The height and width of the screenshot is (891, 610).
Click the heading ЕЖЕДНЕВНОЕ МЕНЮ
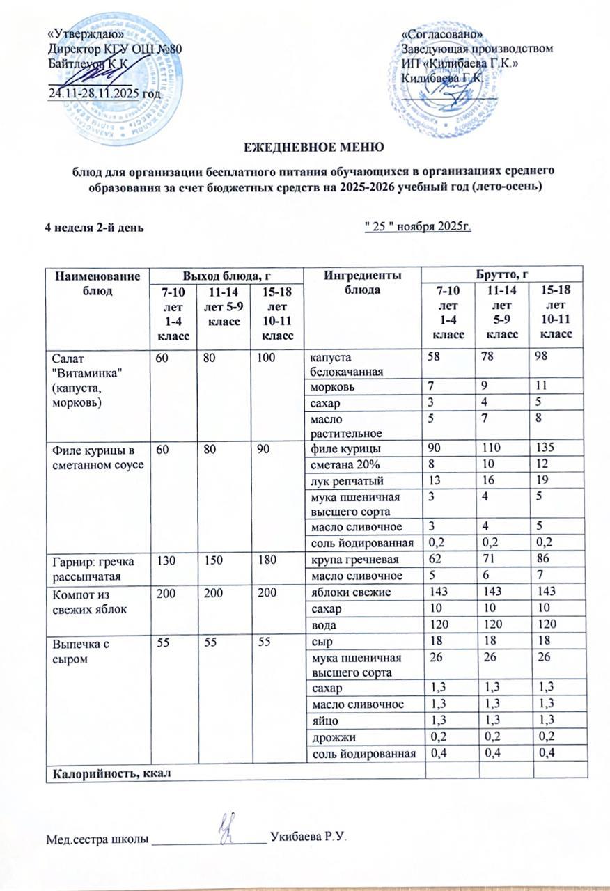coord(313,147)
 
